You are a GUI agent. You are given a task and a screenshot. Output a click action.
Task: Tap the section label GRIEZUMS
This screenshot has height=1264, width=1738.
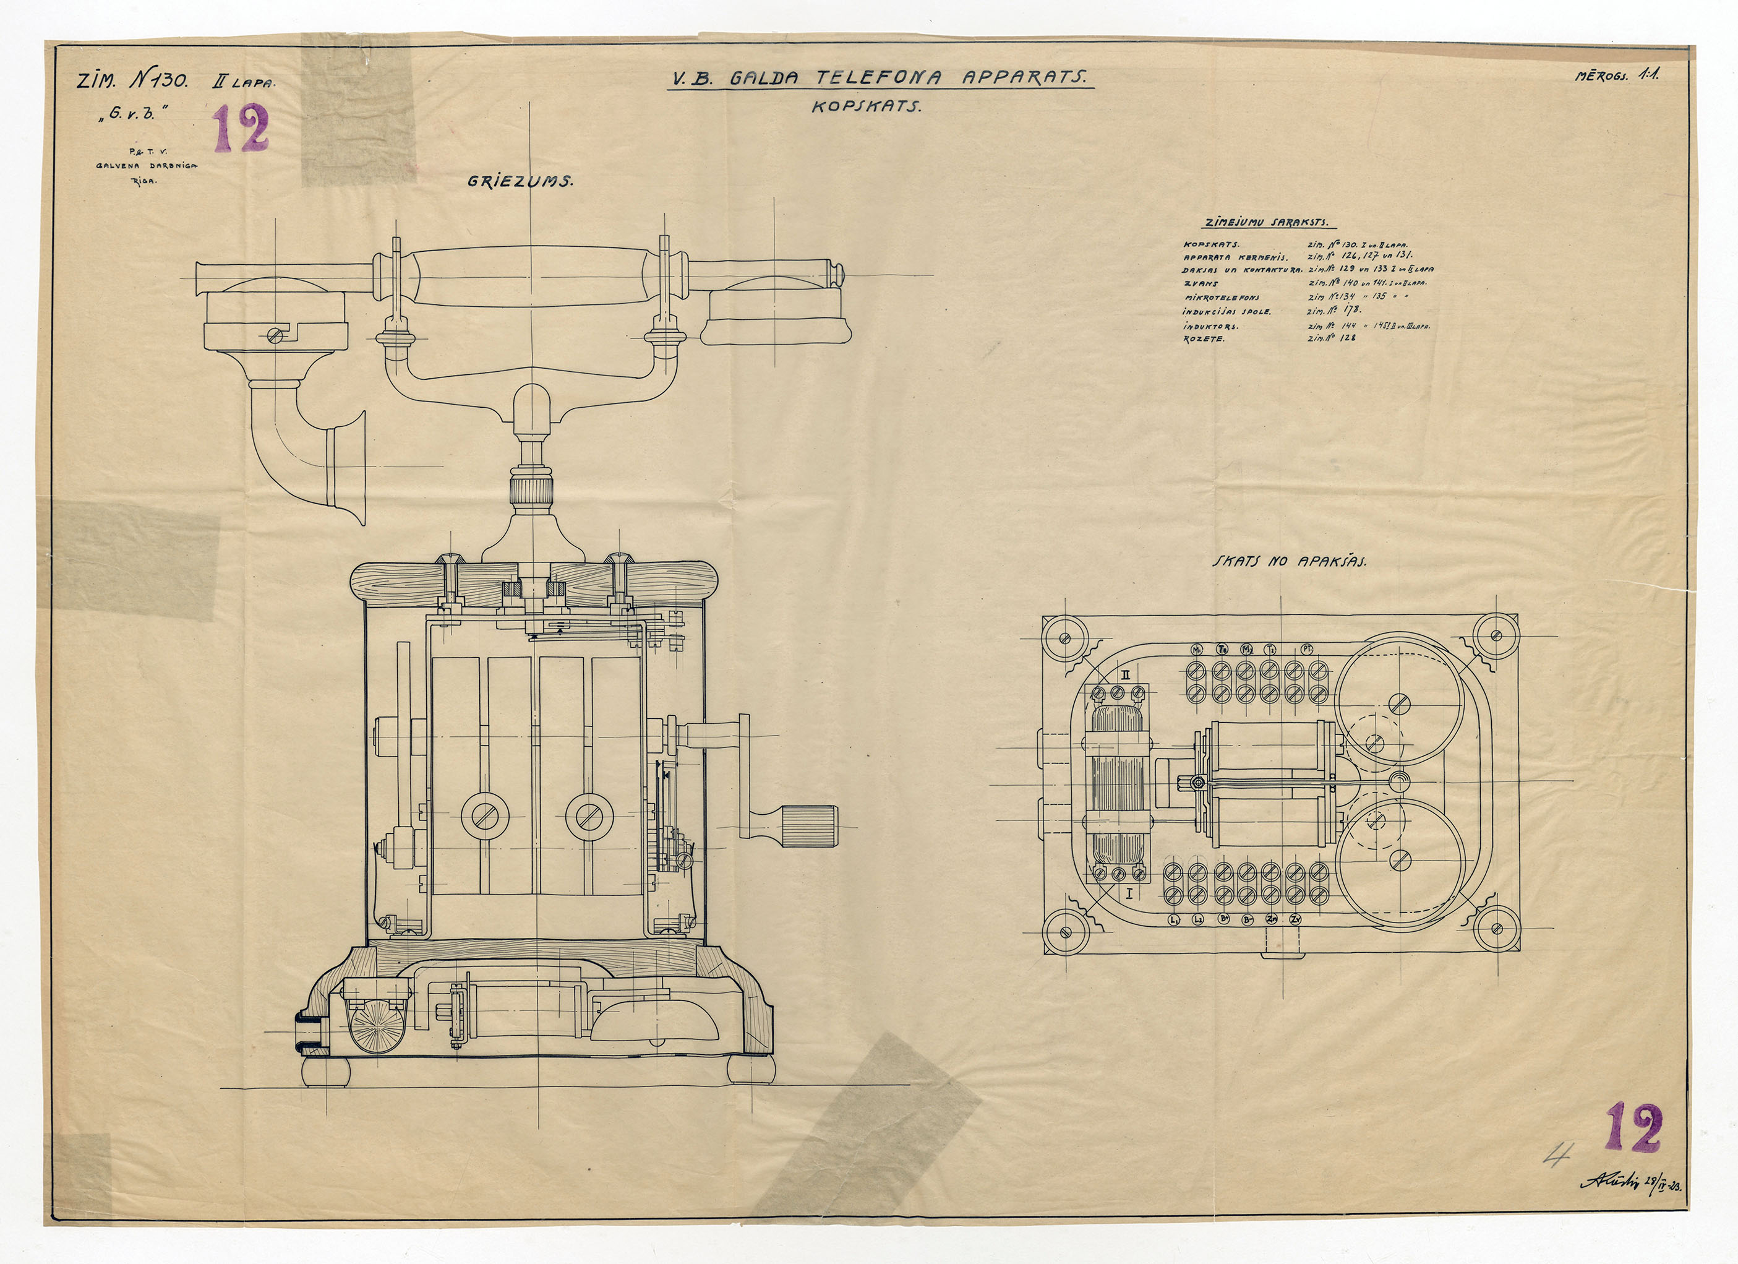(520, 183)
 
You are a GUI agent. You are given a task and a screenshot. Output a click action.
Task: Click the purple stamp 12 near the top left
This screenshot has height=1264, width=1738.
(241, 128)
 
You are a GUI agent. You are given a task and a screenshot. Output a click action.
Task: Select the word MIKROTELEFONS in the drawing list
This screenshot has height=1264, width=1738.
(1222, 298)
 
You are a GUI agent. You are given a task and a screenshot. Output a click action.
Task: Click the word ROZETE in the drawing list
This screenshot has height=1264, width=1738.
(1205, 339)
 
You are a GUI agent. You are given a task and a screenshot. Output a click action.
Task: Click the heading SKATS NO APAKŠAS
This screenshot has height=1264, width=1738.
(1289, 561)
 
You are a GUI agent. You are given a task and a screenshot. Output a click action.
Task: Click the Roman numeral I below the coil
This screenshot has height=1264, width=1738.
(1128, 893)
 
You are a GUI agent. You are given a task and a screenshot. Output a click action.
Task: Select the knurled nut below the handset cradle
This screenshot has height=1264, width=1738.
(531, 491)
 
